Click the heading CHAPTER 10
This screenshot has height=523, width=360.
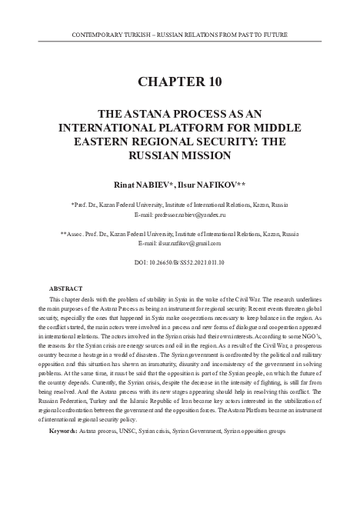[179, 82]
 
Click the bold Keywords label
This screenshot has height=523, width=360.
[62, 431]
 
